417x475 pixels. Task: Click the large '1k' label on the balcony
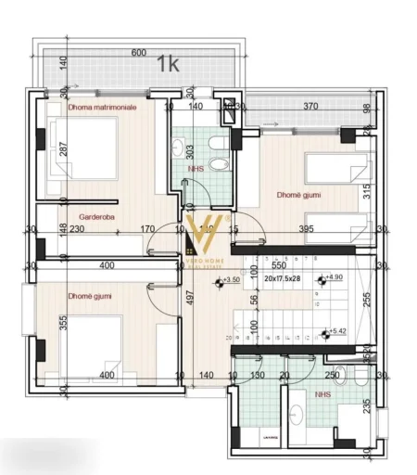pyautogui.click(x=169, y=64)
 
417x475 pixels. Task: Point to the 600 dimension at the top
pyautogui.click(x=139, y=53)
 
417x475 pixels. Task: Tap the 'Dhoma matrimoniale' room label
pyautogui.click(x=103, y=108)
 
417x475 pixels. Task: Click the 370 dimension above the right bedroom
pyautogui.click(x=311, y=107)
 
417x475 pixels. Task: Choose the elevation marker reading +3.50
pyautogui.click(x=232, y=278)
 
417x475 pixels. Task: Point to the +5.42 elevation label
pyautogui.click(x=335, y=331)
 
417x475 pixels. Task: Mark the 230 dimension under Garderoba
pyautogui.click(x=76, y=230)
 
